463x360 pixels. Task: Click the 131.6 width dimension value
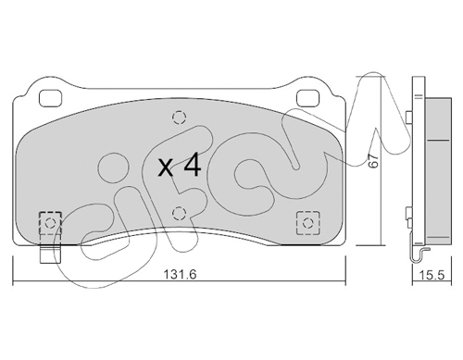(180, 274)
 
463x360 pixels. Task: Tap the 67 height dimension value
(373, 161)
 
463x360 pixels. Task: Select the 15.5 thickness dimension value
(432, 274)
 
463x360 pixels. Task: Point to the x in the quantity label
(166, 168)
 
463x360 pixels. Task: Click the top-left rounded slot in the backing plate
(51, 98)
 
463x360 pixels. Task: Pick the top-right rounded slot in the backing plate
(307, 98)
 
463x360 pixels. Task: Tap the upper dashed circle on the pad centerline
(180, 118)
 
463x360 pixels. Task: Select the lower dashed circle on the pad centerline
(180, 213)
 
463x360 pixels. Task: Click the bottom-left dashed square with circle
(50, 223)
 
